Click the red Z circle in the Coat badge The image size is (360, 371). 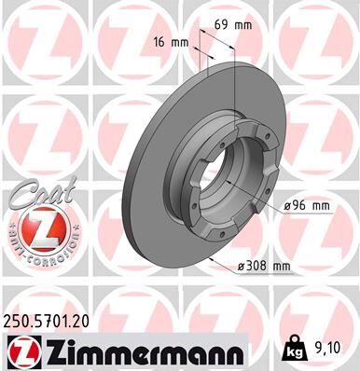click(36, 229)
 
